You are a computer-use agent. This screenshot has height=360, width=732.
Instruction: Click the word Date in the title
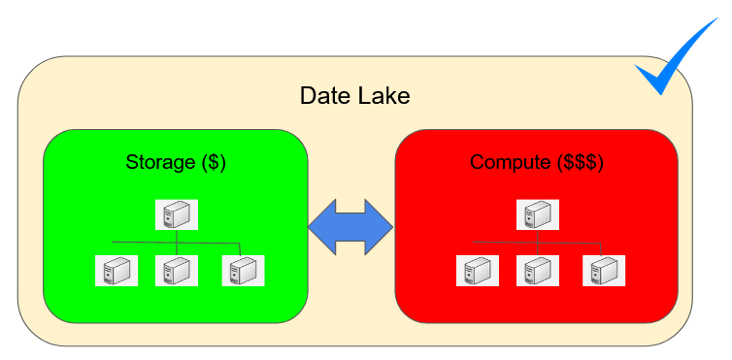click(325, 96)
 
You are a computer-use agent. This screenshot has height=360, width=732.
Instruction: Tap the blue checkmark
click(675, 58)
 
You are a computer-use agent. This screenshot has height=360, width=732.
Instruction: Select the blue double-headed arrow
click(350, 227)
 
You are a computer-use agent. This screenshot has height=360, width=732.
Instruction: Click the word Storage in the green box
click(160, 163)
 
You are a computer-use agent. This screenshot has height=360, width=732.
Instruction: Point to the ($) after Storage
click(214, 163)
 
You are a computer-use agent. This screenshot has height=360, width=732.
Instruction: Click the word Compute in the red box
click(510, 163)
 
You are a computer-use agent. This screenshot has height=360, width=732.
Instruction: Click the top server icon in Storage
click(177, 214)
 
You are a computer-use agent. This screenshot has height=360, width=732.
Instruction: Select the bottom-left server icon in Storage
click(116, 271)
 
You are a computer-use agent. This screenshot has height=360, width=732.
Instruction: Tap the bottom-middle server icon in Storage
click(177, 271)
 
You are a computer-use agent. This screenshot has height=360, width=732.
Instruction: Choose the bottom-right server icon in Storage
click(244, 271)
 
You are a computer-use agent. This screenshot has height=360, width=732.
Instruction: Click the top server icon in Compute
click(537, 214)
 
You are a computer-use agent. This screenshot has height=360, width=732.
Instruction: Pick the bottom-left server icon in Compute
click(478, 271)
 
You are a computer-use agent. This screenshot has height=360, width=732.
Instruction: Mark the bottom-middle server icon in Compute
click(537, 271)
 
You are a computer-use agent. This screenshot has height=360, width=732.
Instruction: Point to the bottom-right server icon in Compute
click(604, 271)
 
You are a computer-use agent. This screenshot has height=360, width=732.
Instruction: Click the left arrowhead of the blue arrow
click(322, 227)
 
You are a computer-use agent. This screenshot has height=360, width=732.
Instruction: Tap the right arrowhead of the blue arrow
click(379, 227)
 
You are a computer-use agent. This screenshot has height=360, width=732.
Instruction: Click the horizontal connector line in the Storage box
click(176, 243)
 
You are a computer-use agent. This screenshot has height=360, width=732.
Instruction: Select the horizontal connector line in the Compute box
click(537, 243)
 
